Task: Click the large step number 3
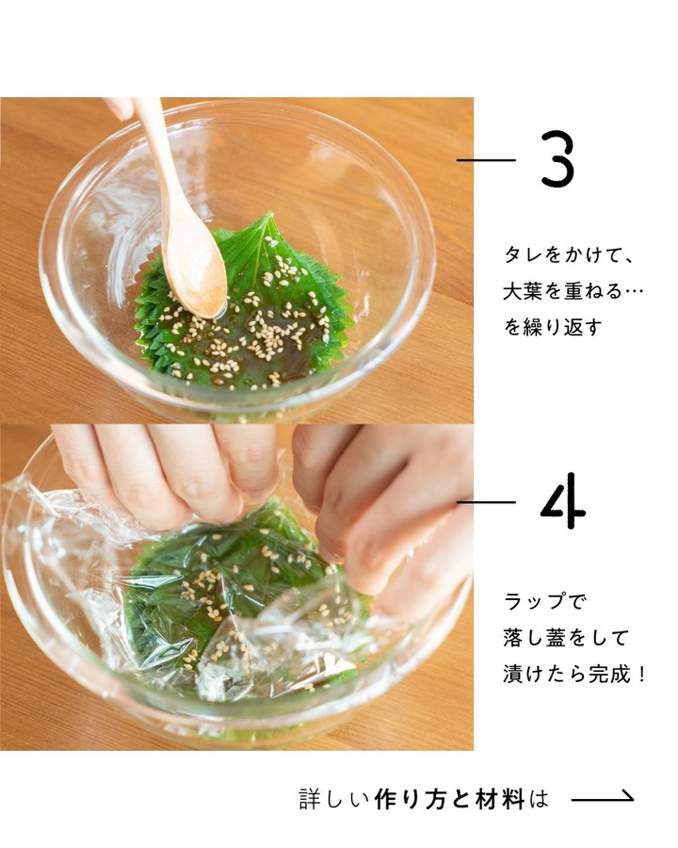pyautogui.click(x=557, y=159)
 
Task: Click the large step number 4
pyautogui.click(x=563, y=501)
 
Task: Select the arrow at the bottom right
pyautogui.click(x=603, y=796)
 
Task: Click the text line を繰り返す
pyautogui.click(x=553, y=327)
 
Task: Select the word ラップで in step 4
pyautogui.click(x=544, y=601)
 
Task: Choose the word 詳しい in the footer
pyautogui.click(x=333, y=799)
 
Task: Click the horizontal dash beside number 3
pyautogui.click(x=486, y=160)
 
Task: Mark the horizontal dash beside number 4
pyautogui.click(x=486, y=502)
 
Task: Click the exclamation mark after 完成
pyautogui.click(x=641, y=675)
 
